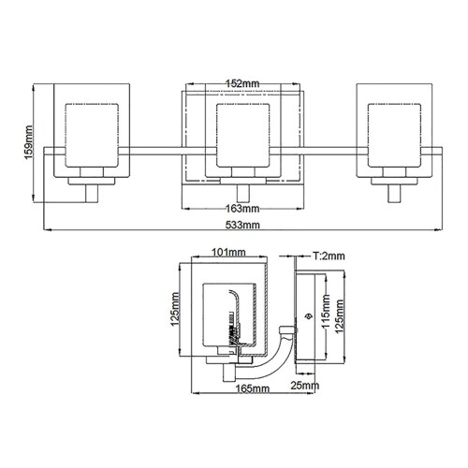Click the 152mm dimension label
tap(242, 83)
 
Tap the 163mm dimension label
tap(242, 208)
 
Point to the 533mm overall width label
tap(242, 226)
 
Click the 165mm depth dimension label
tap(253, 388)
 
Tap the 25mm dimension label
tap(304, 385)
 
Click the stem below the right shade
tap(393, 191)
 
